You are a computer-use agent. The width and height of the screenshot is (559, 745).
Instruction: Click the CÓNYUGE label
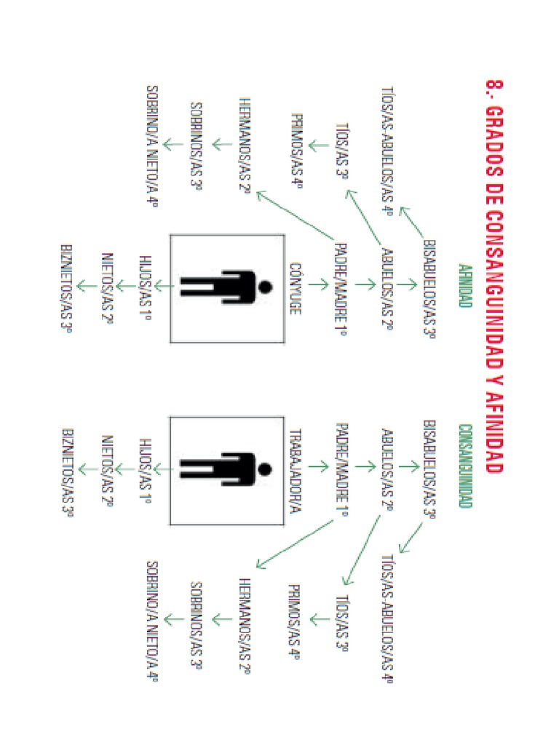[x=296, y=288]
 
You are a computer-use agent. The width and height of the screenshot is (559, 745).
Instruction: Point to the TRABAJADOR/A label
[x=296, y=471]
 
